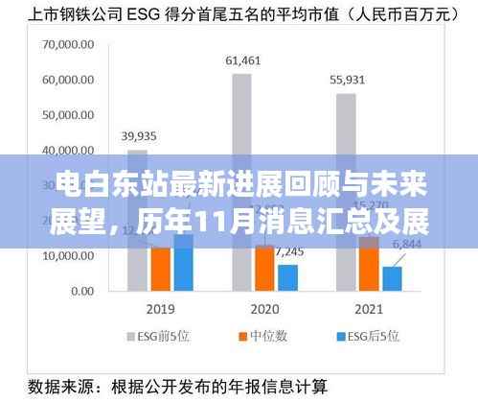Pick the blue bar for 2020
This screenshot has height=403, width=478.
(287, 276)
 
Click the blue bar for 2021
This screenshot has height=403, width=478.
(392, 277)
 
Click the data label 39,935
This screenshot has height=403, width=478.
(139, 137)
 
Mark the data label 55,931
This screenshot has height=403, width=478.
(347, 80)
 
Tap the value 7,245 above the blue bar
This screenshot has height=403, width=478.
(288, 251)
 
